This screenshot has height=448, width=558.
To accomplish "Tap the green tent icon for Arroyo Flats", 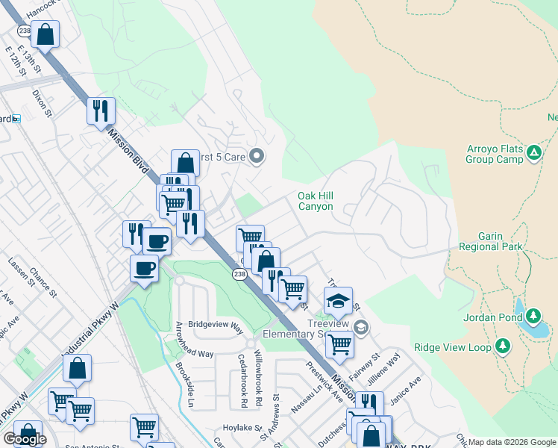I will [x=533, y=153].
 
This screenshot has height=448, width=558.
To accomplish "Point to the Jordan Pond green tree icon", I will [x=534, y=316].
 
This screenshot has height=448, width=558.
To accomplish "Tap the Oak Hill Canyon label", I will [x=315, y=201].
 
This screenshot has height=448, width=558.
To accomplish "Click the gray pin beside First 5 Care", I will [x=257, y=156].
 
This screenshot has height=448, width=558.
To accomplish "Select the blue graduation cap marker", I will [x=338, y=302].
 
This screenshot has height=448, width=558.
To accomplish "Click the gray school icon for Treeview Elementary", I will [x=361, y=327].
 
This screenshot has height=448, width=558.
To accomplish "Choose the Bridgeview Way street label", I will [x=216, y=326].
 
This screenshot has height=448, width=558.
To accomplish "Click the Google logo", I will [x=25, y=439].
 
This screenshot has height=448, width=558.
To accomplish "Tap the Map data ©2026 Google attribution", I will [x=512, y=442].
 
